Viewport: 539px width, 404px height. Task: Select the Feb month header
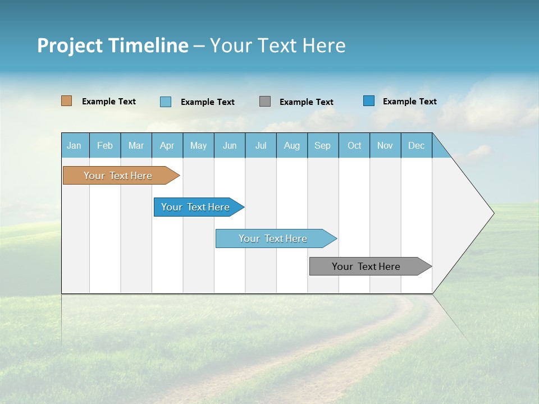coord(105,145)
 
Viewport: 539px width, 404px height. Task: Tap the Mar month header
coord(136,145)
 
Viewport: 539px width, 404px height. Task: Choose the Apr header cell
coord(167,145)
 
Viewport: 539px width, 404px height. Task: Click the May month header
coord(198,145)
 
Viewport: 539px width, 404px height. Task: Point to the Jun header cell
coord(230,145)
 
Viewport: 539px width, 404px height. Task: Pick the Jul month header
coord(261,145)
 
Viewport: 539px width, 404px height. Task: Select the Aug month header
coord(292,145)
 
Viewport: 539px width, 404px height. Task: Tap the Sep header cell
coord(323,145)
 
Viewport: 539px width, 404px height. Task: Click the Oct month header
coord(354,145)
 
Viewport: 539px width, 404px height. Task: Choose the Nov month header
coord(385,145)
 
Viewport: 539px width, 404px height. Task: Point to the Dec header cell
coord(417,145)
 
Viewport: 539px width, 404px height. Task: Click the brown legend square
coord(67,101)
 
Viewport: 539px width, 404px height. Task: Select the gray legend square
coord(265,102)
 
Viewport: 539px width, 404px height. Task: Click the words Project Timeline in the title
coord(113,45)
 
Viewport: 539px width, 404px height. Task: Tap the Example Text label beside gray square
coord(307,102)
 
